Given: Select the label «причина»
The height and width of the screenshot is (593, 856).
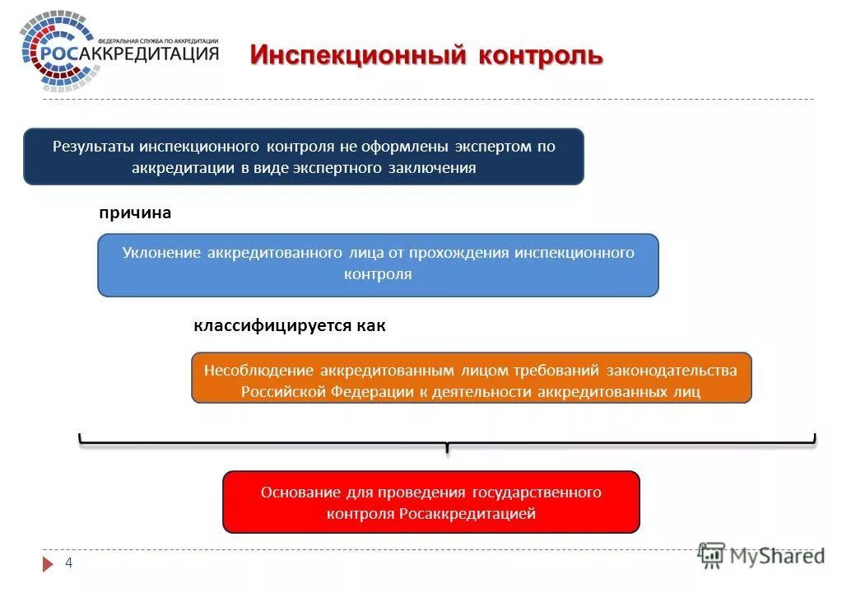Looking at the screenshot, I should tap(135, 213).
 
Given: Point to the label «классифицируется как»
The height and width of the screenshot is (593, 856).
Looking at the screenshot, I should tap(290, 326).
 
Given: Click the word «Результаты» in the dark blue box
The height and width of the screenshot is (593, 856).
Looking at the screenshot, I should tap(94, 147).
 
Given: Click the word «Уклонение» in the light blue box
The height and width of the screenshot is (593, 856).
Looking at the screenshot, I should tap(161, 253).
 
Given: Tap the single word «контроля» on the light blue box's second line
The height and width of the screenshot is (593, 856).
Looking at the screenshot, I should tap(378, 274).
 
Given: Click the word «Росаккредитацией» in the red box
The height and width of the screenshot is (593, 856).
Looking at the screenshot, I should tap(468, 514).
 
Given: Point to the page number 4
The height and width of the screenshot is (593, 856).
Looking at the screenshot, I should tap(69, 563).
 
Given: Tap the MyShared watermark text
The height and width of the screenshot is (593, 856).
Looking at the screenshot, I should tap(778, 557).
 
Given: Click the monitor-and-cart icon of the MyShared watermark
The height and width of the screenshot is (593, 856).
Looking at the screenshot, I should tap(711, 556).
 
